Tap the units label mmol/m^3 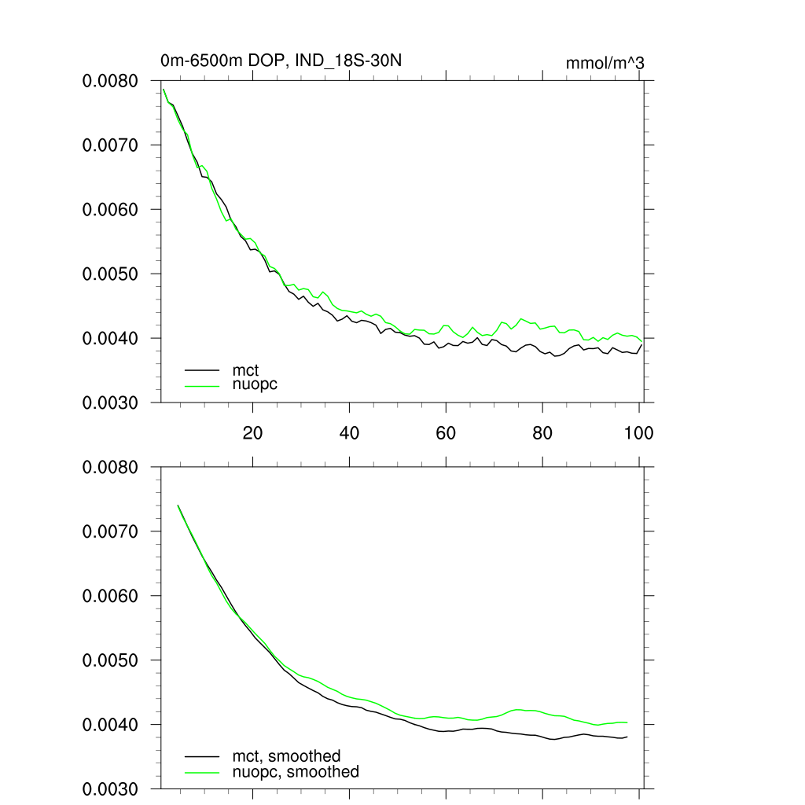(605, 63)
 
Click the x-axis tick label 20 (252, 433)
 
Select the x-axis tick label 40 (349, 433)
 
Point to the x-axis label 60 (446, 433)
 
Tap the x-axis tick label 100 (638, 433)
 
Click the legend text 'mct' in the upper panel (245, 369)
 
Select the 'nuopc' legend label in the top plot (255, 384)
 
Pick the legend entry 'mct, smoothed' (286, 756)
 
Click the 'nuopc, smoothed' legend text (295, 772)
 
